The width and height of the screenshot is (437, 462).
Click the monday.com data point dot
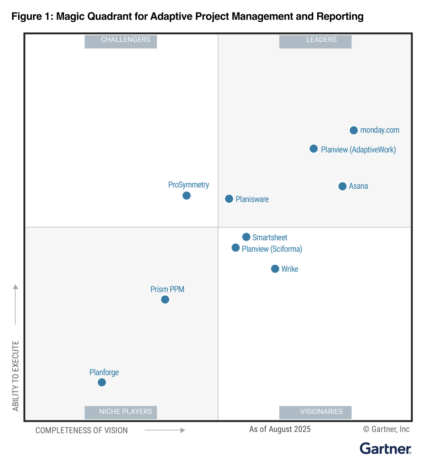[x=354, y=130]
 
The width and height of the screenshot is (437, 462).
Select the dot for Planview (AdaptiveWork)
[x=313, y=149]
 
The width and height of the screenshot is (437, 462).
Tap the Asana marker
[x=342, y=186]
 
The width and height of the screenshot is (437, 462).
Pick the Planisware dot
[x=229, y=199]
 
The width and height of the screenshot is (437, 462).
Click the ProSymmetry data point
[x=187, y=195]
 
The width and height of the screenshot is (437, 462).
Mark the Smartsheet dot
[x=246, y=237]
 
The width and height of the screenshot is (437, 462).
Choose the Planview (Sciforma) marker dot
[x=236, y=248]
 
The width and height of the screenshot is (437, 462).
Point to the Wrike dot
[x=275, y=269]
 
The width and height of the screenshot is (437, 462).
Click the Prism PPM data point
[x=165, y=300]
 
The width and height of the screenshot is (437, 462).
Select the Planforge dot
[x=102, y=382]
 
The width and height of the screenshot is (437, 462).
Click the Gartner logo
[x=385, y=448]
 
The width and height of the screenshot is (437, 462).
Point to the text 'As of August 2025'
[x=280, y=429]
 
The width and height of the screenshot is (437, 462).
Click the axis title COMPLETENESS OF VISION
[x=82, y=430]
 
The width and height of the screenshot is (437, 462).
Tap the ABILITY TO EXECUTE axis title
[x=16, y=376]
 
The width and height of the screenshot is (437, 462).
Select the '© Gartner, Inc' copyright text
[x=386, y=429]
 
